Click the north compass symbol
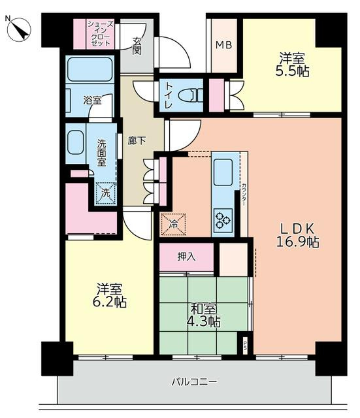click(x=19, y=29)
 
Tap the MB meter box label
click(x=223, y=45)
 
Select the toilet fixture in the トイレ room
click(x=191, y=95)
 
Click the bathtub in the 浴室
click(x=90, y=69)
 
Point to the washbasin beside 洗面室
click(x=76, y=142)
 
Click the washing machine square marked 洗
click(x=106, y=193)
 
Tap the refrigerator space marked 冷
click(x=173, y=224)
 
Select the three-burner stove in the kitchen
click(x=223, y=220)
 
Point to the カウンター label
click(x=244, y=195)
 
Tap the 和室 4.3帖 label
click(x=203, y=315)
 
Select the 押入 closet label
click(x=187, y=257)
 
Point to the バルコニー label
click(x=194, y=381)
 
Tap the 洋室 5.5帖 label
click(x=292, y=65)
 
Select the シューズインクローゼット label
click(x=101, y=33)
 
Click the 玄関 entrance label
click(x=137, y=46)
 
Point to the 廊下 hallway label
click(x=137, y=140)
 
